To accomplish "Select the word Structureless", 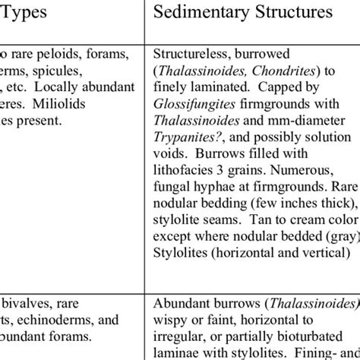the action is (x=187, y=55).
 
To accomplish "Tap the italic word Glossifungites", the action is (x=188, y=104).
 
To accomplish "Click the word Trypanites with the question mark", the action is (x=185, y=137).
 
